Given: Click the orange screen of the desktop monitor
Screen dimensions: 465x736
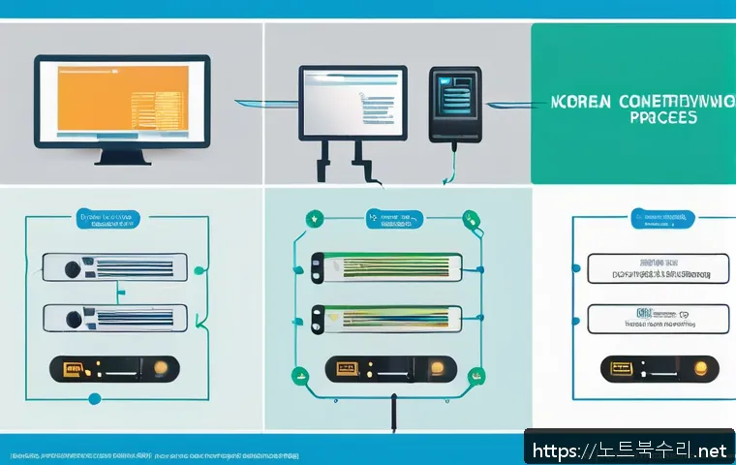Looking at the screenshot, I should (120, 99).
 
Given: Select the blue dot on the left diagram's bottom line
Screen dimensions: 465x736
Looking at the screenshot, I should (94, 398).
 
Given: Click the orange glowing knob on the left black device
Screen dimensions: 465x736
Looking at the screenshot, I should (161, 369).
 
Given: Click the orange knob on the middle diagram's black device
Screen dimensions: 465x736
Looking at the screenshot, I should (437, 368).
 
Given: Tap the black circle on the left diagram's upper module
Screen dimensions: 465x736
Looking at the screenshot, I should (69, 266).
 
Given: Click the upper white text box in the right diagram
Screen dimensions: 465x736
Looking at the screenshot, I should (658, 267).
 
